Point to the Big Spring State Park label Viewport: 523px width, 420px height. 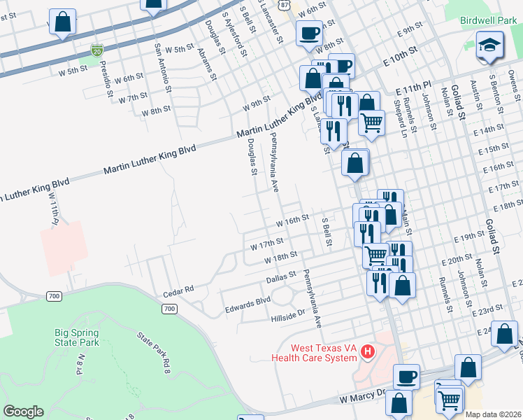[77, 337]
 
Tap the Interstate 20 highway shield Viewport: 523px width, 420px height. [96, 50]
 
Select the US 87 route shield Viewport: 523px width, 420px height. [282, 4]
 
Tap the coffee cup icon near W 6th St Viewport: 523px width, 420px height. [308, 32]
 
